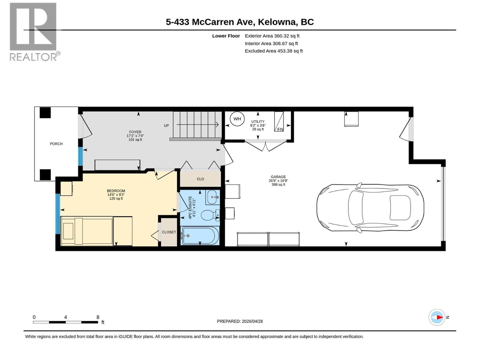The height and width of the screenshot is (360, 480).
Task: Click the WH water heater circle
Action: (x=237, y=119)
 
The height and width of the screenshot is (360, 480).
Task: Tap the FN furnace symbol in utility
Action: (x=279, y=122)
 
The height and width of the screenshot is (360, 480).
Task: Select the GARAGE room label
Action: (x=278, y=177)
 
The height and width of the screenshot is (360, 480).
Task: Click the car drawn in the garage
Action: (x=370, y=208)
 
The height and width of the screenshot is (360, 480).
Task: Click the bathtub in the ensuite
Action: (x=199, y=235)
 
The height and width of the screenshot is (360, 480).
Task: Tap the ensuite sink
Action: (x=213, y=197)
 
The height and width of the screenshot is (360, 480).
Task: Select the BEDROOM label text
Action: (x=116, y=191)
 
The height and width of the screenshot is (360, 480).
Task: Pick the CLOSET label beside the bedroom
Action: (x=169, y=232)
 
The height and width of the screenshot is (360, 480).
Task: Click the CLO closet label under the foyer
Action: (x=200, y=179)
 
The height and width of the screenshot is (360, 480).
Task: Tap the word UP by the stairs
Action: (x=166, y=126)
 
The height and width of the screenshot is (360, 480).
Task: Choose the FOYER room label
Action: (x=135, y=132)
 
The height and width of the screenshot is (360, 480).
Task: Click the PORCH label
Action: (x=56, y=144)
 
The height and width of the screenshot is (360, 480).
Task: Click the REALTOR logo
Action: (x=34, y=31)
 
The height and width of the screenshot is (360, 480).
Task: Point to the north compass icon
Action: (x=437, y=317)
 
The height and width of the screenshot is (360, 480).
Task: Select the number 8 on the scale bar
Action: (x=98, y=317)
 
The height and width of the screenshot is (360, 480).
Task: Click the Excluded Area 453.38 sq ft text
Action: (x=274, y=51)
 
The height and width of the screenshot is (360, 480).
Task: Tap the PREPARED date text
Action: (x=240, y=321)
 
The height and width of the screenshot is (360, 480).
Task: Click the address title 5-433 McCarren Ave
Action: (x=240, y=22)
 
